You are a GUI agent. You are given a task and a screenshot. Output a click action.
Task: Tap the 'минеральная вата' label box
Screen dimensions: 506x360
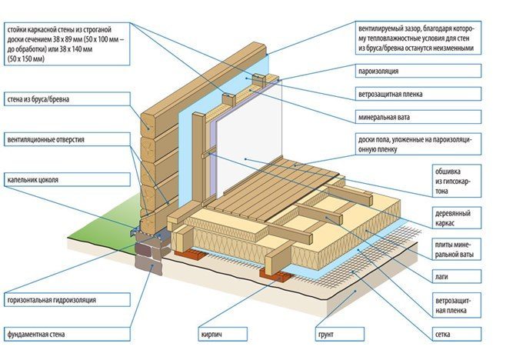[418, 117]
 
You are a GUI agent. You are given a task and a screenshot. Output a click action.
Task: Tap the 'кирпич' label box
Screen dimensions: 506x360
[222, 334]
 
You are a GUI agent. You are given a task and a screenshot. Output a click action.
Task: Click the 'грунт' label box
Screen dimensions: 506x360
[339, 334]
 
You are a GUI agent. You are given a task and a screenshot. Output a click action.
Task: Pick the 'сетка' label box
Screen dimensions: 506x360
[457, 334]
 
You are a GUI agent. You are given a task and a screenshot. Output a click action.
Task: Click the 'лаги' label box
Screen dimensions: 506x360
[457, 277]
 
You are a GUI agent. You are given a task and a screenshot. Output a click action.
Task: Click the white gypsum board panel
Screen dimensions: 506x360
[248, 138]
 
